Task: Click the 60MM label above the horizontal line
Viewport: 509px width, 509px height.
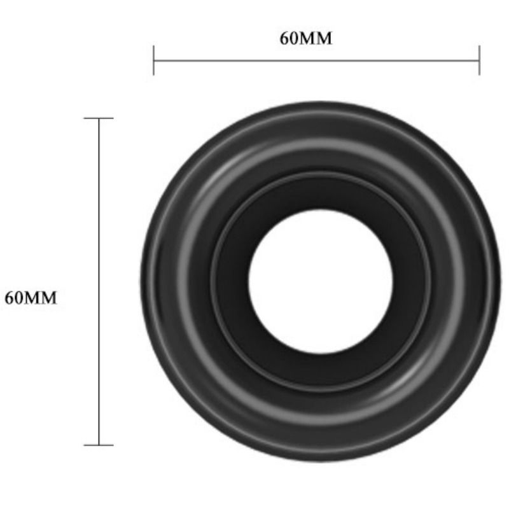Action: pos(306,38)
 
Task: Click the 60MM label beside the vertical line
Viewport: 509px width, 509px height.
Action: pos(31,298)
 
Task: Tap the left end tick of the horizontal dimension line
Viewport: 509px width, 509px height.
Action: pos(153,60)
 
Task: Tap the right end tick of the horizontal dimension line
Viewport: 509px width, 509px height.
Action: pos(479,60)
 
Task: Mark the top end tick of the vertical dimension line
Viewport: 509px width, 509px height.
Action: pos(99,118)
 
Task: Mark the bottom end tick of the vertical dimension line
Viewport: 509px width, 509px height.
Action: pos(99,445)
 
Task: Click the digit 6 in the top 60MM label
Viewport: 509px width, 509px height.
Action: pos(284,38)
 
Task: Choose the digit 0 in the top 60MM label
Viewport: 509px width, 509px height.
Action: pos(293,38)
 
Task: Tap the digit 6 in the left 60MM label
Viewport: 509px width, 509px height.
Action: pos(9,298)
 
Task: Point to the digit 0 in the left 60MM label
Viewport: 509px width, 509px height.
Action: pos(18,298)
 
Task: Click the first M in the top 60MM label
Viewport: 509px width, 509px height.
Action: pos(307,38)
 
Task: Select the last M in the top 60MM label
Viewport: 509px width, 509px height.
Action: pos(323,38)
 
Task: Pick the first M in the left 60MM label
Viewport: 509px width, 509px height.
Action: pos(31,298)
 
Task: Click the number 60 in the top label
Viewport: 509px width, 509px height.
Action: pos(289,38)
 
